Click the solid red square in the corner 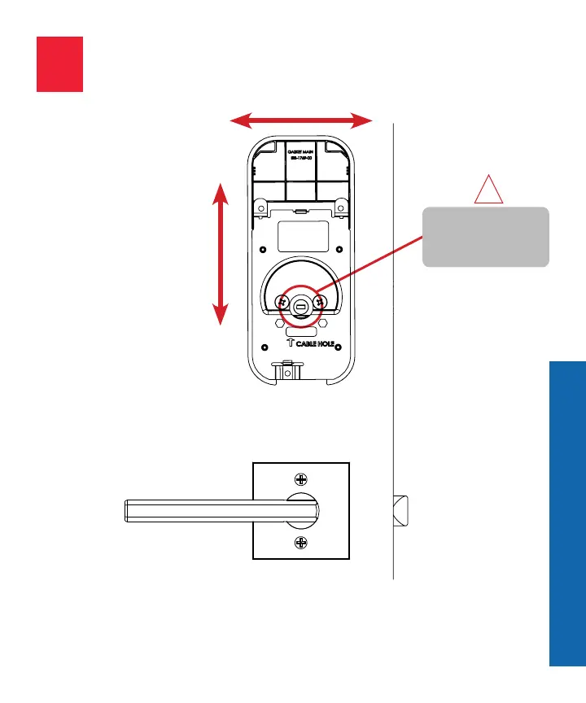59,63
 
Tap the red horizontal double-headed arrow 301,121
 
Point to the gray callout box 485,237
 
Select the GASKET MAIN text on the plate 301,149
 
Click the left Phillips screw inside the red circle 282,301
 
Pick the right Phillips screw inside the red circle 320,301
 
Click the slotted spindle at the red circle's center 301,307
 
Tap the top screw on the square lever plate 301,479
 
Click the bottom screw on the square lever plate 301,543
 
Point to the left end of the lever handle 127,510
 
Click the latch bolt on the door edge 400,510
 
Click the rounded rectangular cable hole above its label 301,334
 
